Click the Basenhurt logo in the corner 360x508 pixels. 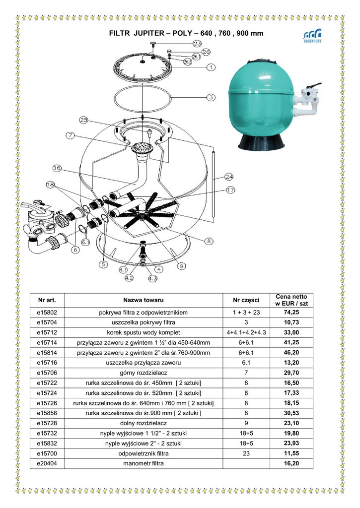pyautogui.click(x=312, y=36)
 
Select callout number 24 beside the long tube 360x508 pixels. pyautogui.click(x=228, y=176)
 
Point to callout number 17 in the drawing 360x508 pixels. pyautogui.click(x=230, y=190)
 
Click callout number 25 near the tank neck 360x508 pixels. pyautogui.click(x=84, y=120)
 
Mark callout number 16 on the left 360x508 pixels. pyautogui.click(x=57, y=168)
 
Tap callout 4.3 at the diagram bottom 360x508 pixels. pyautogui.click(x=152, y=278)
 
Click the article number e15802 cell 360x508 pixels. pyautogui.click(x=47, y=313)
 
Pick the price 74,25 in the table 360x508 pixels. pyautogui.click(x=291, y=313)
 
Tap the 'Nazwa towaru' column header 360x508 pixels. pyautogui.click(x=144, y=300)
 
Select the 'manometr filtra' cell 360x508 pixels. pyautogui.click(x=144, y=463)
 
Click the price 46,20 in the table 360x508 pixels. pyautogui.click(x=291, y=353)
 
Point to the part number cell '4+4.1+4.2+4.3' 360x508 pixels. pyautogui.click(x=246, y=332)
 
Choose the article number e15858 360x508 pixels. pyautogui.click(x=47, y=413)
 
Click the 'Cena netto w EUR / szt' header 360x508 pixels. pyautogui.click(x=291, y=300)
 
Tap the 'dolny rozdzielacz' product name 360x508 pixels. pyautogui.click(x=144, y=423)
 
